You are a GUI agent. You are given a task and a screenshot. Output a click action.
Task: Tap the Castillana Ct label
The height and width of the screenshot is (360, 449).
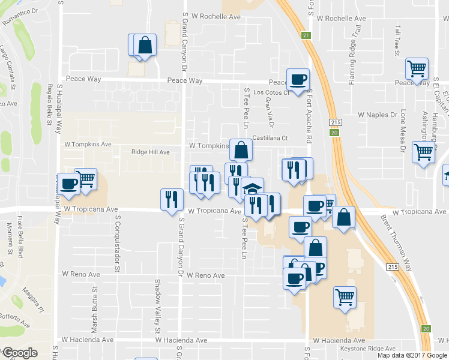tap(270, 138)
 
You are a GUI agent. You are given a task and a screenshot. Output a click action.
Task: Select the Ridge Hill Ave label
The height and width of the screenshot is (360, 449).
tap(151, 152)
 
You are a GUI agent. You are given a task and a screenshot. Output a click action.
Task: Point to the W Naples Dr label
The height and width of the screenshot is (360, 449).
tap(378, 114)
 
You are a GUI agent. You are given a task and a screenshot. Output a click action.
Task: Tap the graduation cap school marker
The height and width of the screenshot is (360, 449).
tap(253, 188)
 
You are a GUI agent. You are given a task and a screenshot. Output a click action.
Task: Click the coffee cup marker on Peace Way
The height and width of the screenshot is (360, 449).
tap(298, 79)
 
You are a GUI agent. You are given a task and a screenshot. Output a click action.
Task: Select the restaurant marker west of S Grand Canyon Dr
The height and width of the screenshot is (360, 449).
tap(172, 200)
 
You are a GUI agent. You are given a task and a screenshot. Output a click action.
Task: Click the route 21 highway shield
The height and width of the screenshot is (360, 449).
tap(306, 36)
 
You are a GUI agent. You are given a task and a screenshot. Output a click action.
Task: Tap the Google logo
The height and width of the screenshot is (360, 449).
tap(20, 353)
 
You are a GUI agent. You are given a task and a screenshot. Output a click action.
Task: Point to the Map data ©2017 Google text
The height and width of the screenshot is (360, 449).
tap(412, 355)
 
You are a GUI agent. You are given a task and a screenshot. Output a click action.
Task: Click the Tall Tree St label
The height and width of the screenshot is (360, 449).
tap(397, 41)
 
